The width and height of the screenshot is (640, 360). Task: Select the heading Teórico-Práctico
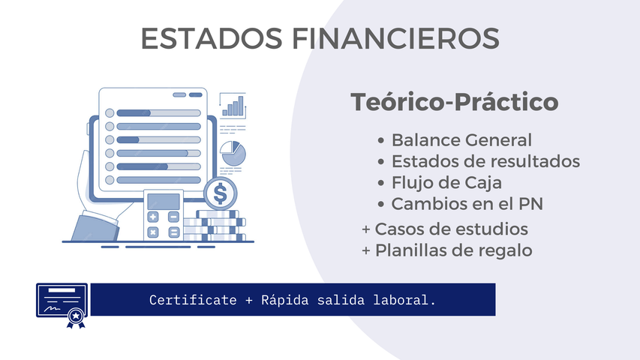(x=455, y=103)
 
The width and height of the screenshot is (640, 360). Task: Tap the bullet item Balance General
(x=461, y=140)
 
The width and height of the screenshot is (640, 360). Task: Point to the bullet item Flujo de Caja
(x=446, y=182)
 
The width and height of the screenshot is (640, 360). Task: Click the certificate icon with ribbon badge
(x=62, y=304)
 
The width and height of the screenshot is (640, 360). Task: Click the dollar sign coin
(x=220, y=194)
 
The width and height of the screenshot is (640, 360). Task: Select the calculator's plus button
(x=154, y=217)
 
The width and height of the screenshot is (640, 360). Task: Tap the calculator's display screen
(x=164, y=201)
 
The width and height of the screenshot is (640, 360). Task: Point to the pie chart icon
(x=233, y=153)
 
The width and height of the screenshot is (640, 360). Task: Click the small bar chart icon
(x=234, y=106)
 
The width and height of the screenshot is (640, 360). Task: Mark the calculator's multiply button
(x=154, y=232)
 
